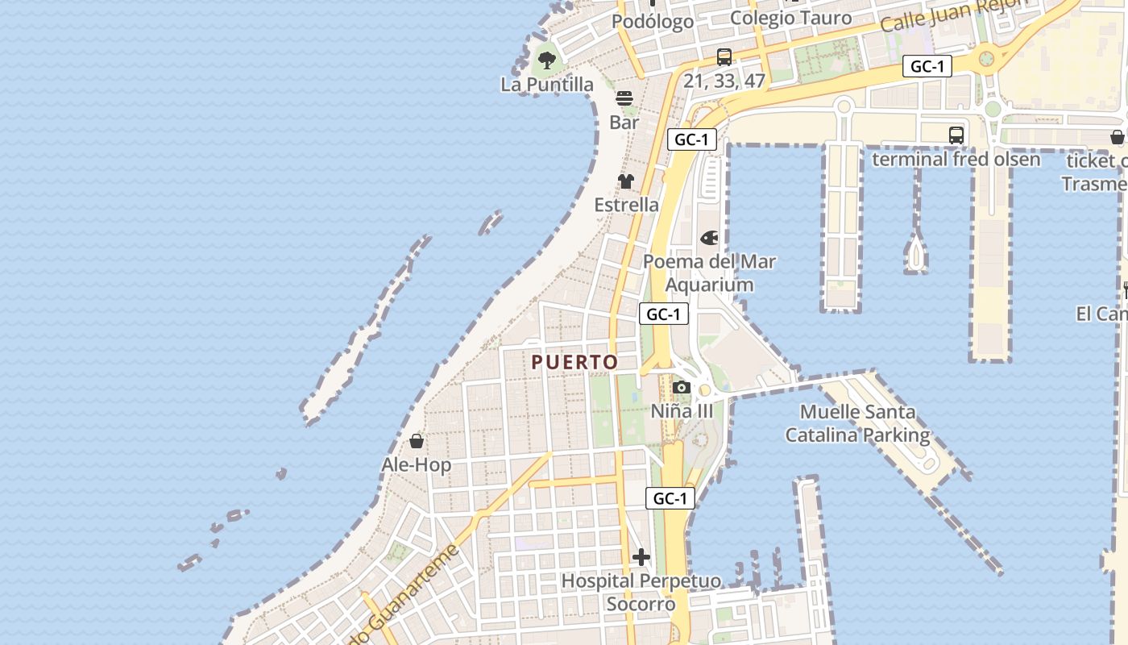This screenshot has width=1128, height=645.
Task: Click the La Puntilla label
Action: (547, 85)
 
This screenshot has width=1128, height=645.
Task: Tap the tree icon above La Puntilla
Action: (547, 59)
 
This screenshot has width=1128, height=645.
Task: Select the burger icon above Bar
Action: (624, 98)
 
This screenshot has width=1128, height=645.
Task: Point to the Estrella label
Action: (626, 205)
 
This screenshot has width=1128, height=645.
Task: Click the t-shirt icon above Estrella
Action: (626, 181)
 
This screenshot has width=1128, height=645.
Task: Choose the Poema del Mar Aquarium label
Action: (709, 273)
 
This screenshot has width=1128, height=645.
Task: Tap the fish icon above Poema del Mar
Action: (709, 238)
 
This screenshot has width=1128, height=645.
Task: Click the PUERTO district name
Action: (574, 363)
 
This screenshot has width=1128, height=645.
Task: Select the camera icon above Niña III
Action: (682, 387)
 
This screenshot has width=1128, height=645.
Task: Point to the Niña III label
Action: (682, 411)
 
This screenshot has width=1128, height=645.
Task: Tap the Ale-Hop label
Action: (416, 465)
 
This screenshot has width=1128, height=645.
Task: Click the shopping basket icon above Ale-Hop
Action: (417, 441)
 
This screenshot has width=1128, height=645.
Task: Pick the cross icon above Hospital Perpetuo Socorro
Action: (641, 557)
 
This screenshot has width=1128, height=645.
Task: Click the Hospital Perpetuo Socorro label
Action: (641, 592)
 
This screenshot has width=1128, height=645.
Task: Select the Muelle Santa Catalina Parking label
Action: (857, 424)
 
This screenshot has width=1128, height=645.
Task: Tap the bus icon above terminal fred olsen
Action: (956, 135)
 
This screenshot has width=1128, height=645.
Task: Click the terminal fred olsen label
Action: (956, 159)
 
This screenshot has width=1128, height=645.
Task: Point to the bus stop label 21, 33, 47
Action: (724, 81)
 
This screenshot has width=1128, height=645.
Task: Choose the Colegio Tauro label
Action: (790, 18)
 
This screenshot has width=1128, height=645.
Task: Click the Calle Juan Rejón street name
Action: (955, 15)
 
